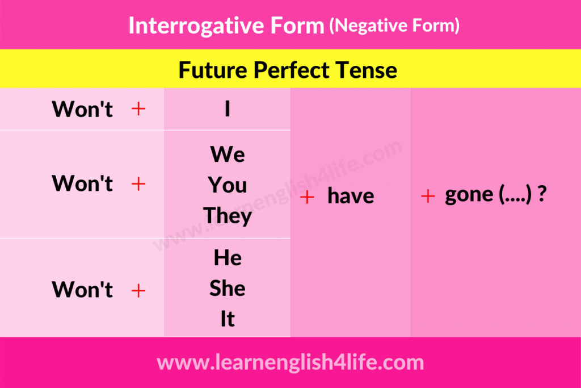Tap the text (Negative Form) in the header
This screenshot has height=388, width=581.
tap(394, 26)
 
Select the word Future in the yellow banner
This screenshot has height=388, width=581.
tap(213, 70)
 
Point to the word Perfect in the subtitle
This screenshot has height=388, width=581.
tap(291, 70)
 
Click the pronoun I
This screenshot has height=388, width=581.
tap(228, 109)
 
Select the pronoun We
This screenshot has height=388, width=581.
tap(228, 154)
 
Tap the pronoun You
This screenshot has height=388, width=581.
tap(228, 185)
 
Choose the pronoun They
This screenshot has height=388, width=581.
tap(228, 216)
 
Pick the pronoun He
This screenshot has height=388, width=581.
tap(228, 257)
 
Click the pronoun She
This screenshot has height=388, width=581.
tap(228, 288)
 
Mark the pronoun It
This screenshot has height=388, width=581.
tap(228, 319)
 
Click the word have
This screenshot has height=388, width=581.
tap(351, 195)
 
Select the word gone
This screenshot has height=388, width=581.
tap(469, 195)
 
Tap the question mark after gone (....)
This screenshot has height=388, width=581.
tap(542, 193)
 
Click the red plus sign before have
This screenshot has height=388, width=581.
tap(307, 197)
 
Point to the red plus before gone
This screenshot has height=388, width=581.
tap(428, 196)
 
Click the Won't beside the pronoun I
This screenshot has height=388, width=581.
tap(82, 109)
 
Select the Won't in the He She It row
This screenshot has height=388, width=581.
tap(82, 289)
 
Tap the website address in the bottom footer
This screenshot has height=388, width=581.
tap(290, 362)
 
